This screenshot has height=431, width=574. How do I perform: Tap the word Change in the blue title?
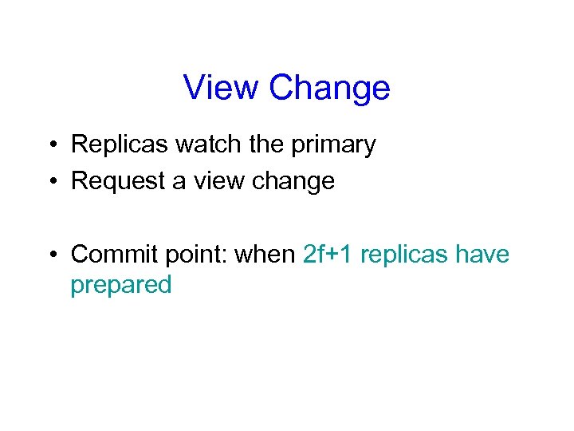[329, 87]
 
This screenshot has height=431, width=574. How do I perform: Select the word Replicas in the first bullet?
[120, 144]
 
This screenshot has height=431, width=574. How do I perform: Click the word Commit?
[113, 255]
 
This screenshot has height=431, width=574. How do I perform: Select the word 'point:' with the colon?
[195, 255]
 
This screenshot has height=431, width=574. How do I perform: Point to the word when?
[267, 255]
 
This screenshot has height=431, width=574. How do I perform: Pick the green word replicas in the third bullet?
[405, 255]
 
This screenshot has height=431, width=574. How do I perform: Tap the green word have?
[482, 255]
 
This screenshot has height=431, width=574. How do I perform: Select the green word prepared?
[121, 286]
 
